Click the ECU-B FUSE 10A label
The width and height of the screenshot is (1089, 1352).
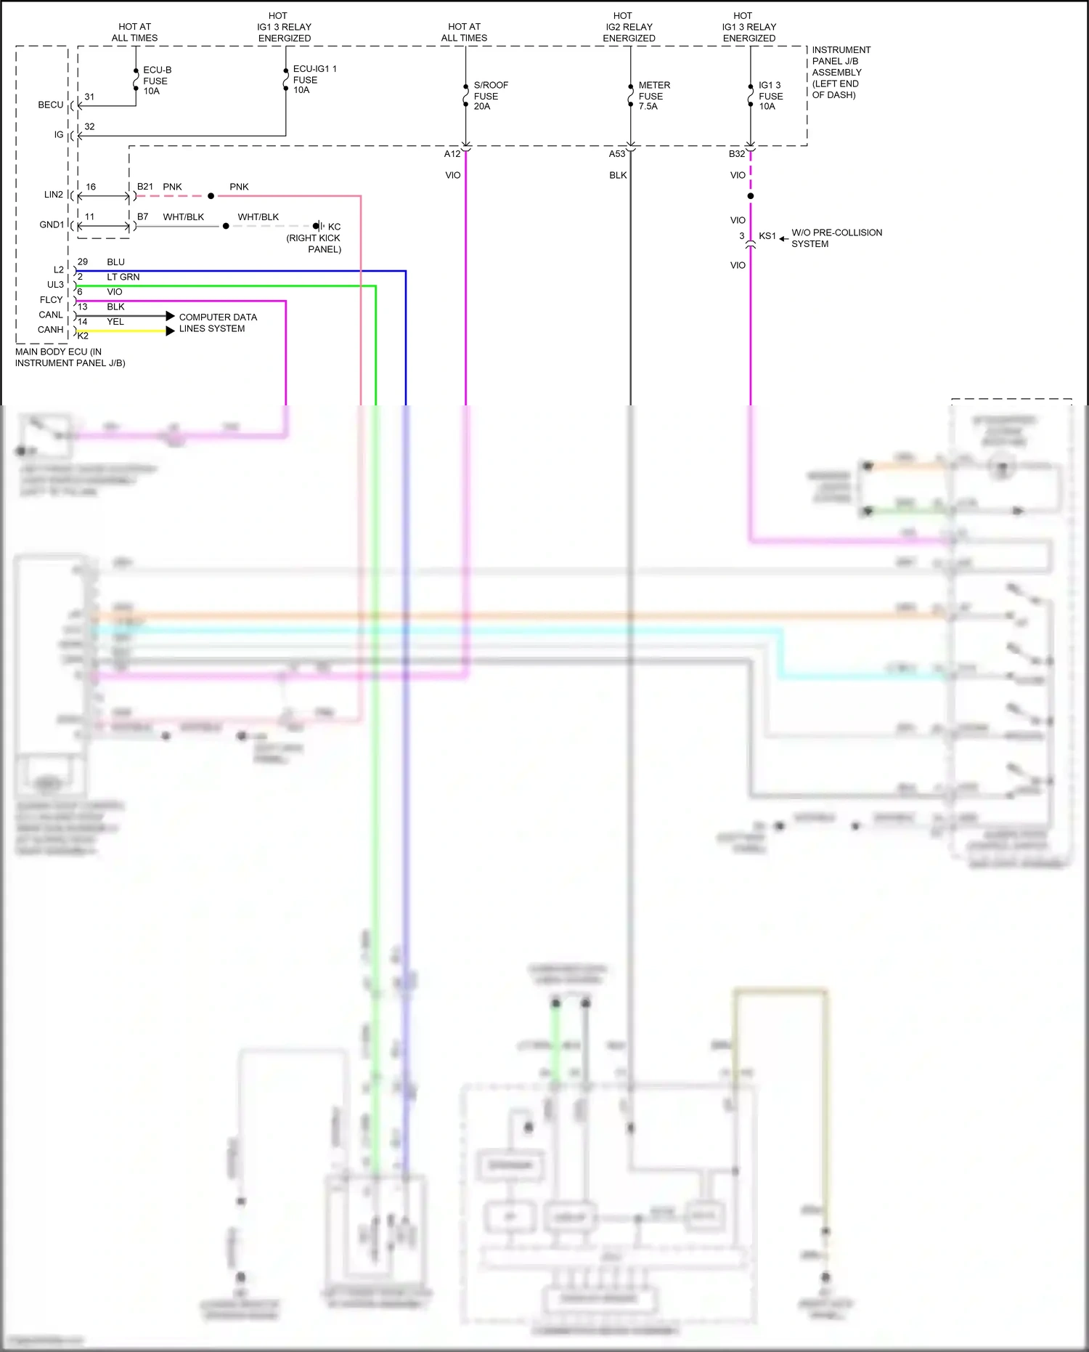[156, 81]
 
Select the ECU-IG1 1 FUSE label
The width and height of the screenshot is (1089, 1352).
[314, 79]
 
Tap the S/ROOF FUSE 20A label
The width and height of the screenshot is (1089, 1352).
[490, 96]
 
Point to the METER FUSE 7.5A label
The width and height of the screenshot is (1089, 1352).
[653, 96]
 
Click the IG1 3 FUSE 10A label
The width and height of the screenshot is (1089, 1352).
[770, 96]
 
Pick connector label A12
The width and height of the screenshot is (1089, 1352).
[452, 154]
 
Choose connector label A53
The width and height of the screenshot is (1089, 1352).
[617, 154]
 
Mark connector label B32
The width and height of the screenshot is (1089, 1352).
[737, 154]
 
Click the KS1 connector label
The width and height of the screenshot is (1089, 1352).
[767, 236]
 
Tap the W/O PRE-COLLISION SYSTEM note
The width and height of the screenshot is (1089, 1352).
[836, 238]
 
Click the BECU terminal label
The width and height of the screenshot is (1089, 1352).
[51, 105]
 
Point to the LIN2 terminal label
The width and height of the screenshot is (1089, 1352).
[54, 195]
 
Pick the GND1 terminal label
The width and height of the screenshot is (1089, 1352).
[52, 225]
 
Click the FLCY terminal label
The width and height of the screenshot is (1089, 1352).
[52, 300]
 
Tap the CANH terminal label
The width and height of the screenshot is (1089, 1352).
[51, 330]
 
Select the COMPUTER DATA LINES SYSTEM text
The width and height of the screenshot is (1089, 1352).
[217, 323]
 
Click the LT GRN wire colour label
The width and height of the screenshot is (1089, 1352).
[123, 277]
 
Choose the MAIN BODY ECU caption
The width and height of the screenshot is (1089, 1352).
[70, 357]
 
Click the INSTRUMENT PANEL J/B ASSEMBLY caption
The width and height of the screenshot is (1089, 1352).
[840, 73]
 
